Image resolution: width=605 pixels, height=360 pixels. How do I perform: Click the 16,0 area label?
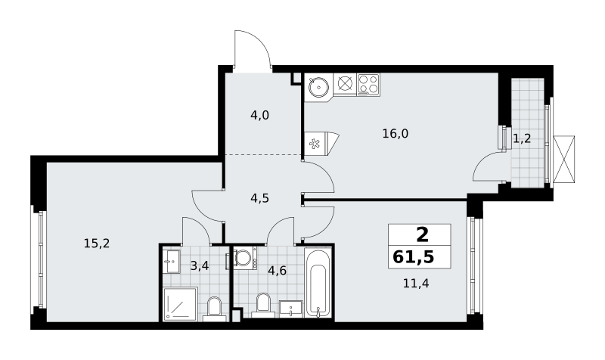tap(395, 134)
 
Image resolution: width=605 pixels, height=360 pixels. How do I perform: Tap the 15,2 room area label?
tap(97, 244)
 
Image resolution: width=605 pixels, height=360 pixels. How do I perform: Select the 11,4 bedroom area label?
tap(416, 284)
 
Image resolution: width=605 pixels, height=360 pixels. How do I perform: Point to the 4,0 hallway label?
tap(259, 116)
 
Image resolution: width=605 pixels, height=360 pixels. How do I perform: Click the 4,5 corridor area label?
tap(259, 198)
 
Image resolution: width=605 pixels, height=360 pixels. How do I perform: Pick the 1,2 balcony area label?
tap(522, 138)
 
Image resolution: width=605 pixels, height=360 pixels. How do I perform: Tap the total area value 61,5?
tap(413, 256)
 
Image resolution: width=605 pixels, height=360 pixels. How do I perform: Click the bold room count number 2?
tap(423, 234)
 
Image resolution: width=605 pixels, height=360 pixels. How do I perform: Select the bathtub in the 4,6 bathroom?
tap(318, 283)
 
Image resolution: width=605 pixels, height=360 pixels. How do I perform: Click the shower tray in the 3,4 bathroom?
tap(180, 304)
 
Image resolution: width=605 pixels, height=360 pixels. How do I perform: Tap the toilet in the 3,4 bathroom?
tap(214, 309)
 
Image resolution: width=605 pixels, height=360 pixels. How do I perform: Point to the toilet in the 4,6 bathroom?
tap(263, 306)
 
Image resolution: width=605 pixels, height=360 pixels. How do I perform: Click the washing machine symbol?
tap(244, 258)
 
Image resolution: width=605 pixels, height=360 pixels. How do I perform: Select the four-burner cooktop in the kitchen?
tap(368, 85)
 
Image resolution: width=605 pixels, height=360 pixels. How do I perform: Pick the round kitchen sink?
tap(318, 87)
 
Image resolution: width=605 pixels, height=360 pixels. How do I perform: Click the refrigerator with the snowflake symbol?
tap(321, 144)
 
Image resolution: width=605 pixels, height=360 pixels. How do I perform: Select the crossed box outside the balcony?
tap(563, 159)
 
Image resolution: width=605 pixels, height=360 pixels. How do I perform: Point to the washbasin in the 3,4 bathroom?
tap(172, 262)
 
